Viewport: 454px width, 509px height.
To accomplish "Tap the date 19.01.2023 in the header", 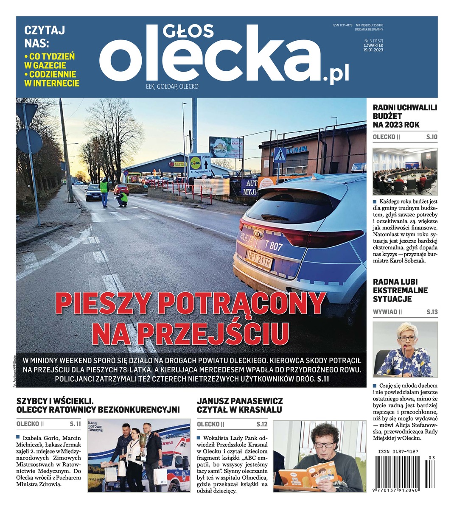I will [x=373, y=50].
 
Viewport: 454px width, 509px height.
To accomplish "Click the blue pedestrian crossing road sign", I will [x=279, y=156].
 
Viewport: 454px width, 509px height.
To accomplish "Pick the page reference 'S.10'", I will [x=432, y=137].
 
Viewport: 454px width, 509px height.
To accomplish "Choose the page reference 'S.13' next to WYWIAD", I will [x=432, y=312].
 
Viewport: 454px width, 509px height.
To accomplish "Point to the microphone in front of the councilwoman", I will [x=404, y=349].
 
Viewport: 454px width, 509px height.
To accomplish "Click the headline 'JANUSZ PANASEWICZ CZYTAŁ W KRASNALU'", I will [x=240, y=405].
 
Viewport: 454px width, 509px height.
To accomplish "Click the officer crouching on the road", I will [x=123, y=199].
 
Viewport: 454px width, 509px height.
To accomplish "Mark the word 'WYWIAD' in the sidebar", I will [x=385, y=312].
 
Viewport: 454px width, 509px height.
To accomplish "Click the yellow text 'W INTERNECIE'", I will [x=52, y=83].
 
